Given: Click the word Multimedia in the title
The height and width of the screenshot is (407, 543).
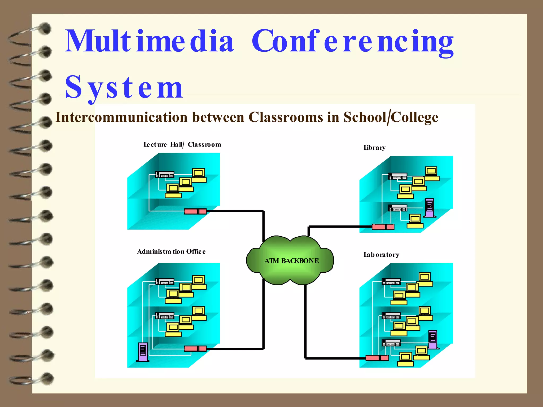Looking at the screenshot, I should pyautogui.click(x=149, y=41).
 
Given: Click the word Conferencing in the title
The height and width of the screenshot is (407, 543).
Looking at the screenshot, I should pyautogui.click(x=353, y=42).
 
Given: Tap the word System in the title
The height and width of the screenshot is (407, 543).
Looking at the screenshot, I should pyautogui.click(x=124, y=87).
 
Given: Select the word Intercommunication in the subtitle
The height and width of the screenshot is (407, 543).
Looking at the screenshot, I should pyautogui.click(x=121, y=117).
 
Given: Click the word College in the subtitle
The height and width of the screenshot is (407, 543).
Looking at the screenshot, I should pyautogui.click(x=414, y=117).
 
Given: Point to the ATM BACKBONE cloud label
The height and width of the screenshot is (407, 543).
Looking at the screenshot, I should pyautogui.click(x=291, y=261).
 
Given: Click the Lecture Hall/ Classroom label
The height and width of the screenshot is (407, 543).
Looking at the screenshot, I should pyautogui.click(x=182, y=145).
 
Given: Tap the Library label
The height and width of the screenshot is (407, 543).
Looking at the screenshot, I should pyautogui.click(x=374, y=148).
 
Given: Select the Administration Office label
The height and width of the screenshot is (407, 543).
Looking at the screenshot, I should pyautogui.click(x=171, y=251).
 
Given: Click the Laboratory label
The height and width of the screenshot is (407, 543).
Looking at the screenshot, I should pyautogui.click(x=381, y=255).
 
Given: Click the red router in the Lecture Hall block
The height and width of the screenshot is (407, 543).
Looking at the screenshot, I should pyautogui.click(x=195, y=211).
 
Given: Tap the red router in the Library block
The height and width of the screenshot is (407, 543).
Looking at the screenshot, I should pyautogui.click(x=383, y=227).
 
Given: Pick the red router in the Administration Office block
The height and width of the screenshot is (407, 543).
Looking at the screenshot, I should pyautogui.click(x=195, y=348).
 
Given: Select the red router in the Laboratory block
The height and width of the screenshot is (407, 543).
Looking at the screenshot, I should pyautogui.click(x=377, y=358).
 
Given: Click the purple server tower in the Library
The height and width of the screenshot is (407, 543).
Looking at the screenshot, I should pyautogui.click(x=430, y=208).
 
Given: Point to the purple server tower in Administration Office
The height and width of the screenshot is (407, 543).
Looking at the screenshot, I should pyautogui.click(x=143, y=352).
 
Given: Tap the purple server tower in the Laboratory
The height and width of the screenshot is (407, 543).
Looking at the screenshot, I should pyautogui.click(x=433, y=339).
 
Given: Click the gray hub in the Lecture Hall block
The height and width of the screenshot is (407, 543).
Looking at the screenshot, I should pyautogui.click(x=165, y=175).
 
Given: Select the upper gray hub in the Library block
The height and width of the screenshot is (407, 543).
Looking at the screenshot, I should pyautogui.click(x=397, y=176).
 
